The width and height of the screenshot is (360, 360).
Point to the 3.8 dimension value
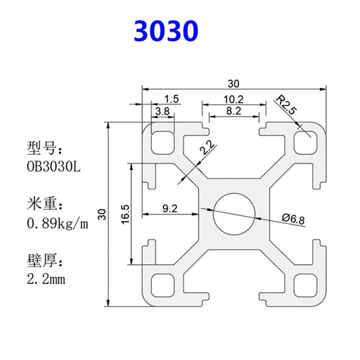tap(163, 112)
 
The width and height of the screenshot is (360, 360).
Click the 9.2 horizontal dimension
tap(171, 209)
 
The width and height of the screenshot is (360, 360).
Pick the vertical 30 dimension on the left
tap(102, 214)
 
